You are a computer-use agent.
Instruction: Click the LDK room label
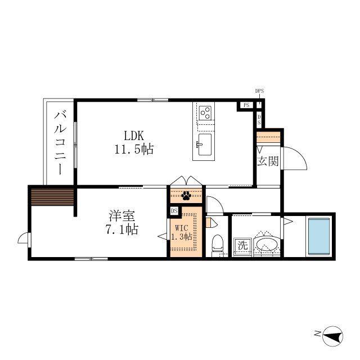[x=134, y=136]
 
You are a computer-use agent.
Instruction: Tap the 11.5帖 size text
[x=134, y=149]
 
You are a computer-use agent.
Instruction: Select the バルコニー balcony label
[x=60, y=142]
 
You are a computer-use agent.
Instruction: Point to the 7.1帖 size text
[x=122, y=229]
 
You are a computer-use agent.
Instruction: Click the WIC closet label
[x=181, y=228]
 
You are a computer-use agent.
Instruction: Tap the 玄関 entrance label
[x=268, y=161]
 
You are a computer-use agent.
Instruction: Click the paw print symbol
[x=186, y=196]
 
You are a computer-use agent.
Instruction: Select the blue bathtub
[x=319, y=236]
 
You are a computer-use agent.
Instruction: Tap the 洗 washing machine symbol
[x=243, y=246]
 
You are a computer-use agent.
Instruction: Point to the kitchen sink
[x=204, y=145]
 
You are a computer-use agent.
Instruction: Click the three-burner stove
[x=205, y=113]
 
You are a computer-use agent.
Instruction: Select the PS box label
[x=246, y=105]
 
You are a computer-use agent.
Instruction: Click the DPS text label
[x=259, y=91]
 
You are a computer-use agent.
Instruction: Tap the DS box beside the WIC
[x=174, y=210]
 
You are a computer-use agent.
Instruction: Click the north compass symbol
[x=332, y=336]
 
